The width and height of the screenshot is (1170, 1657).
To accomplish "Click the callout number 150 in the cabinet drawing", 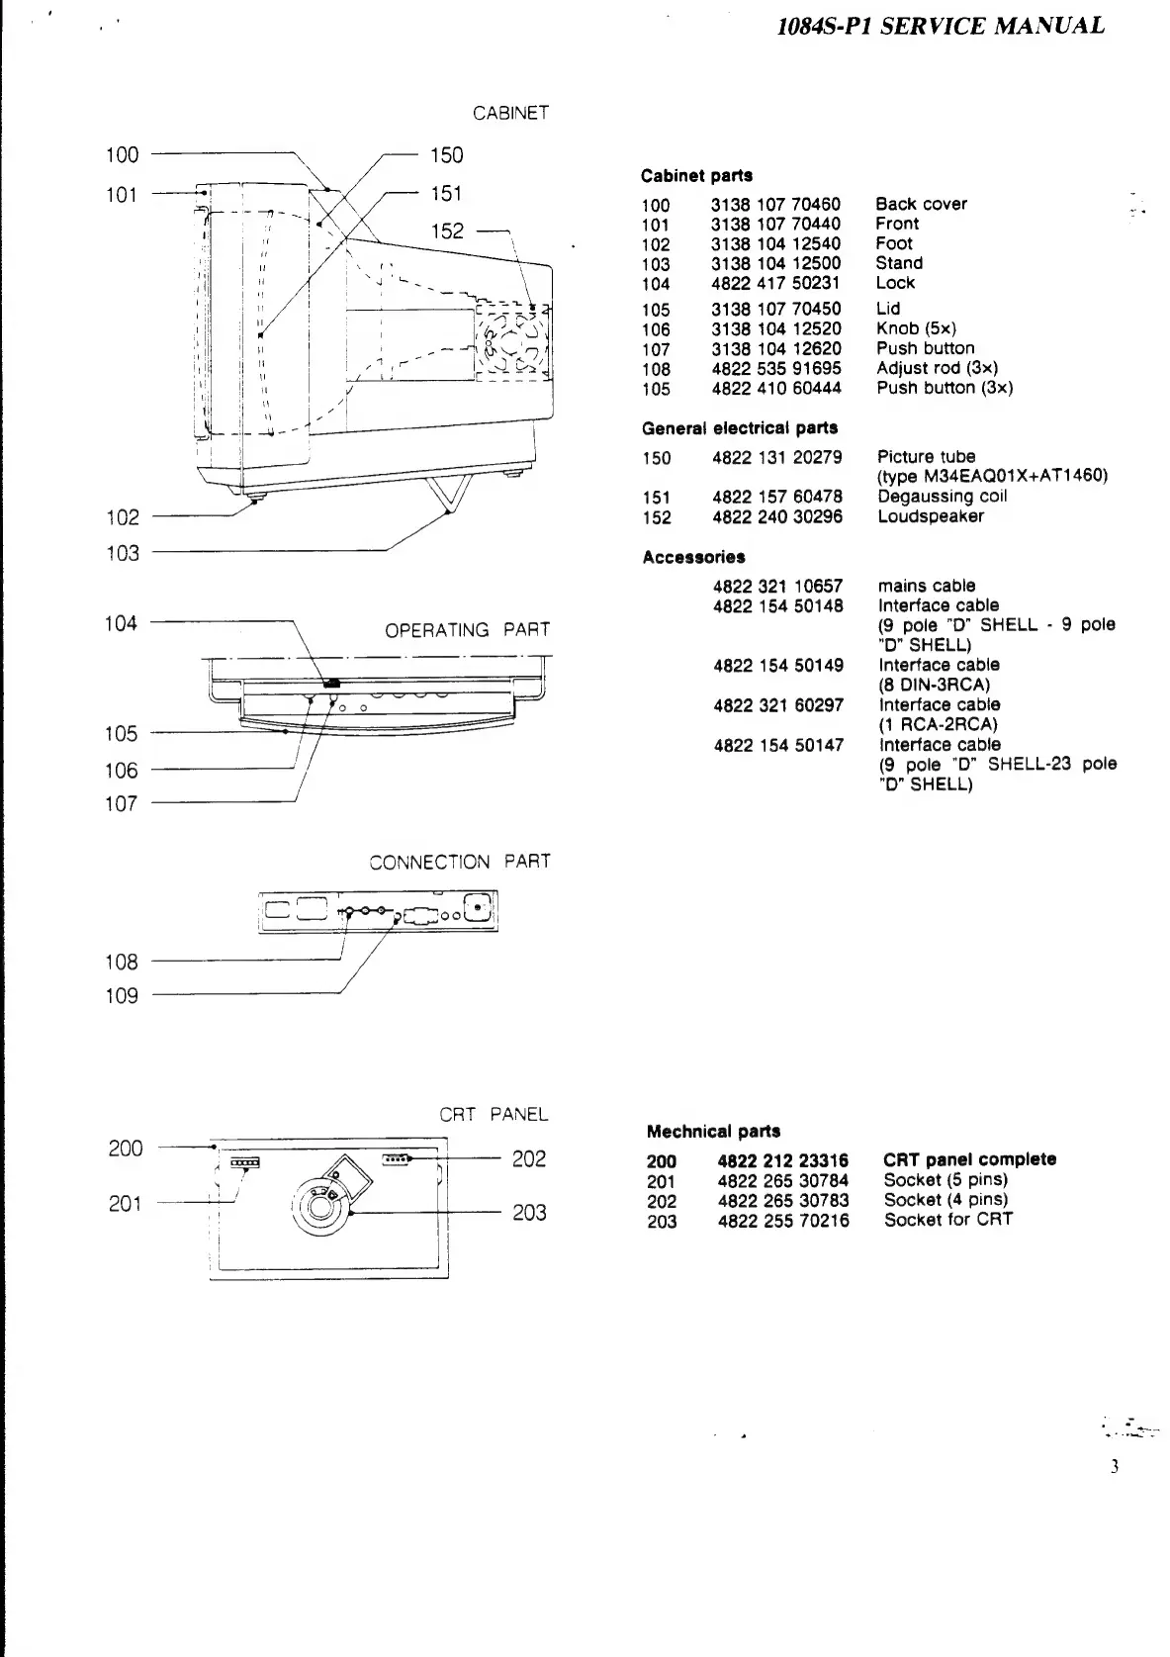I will (x=446, y=155).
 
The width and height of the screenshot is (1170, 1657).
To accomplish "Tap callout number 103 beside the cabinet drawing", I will (x=123, y=553).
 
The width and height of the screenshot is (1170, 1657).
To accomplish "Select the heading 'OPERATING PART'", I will (x=467, y=630).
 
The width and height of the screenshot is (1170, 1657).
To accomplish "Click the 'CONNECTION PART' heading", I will (x=460, y=862).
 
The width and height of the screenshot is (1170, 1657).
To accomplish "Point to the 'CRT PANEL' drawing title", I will (x=494, y=1115).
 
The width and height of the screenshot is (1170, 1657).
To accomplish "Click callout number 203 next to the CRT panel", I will (x=529, y=1213).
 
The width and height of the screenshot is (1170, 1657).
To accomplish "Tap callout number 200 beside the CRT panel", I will (x=126, y=1149).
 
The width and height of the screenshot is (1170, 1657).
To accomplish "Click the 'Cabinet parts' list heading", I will (x=696, y=176).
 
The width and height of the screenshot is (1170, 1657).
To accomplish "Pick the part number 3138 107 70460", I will (x=775, y=205).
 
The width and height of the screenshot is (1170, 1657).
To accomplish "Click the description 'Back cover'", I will (x=921, y=205).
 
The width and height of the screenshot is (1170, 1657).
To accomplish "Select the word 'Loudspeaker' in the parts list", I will (x=930, y=516).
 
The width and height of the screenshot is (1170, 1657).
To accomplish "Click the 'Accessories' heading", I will (x=693, y=558).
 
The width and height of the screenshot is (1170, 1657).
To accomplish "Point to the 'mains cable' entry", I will (x=927, y=586).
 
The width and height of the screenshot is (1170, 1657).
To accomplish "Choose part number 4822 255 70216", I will (x=782, y=1221).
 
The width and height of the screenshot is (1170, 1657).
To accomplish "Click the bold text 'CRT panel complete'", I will (x=969, y=1159).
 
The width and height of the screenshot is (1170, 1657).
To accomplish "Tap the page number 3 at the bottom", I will (x=1114, y=1467).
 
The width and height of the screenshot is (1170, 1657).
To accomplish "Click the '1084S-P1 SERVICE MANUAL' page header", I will (x=941, y=27).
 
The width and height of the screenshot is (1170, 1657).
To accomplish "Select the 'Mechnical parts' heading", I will (x=713, y=1132).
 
